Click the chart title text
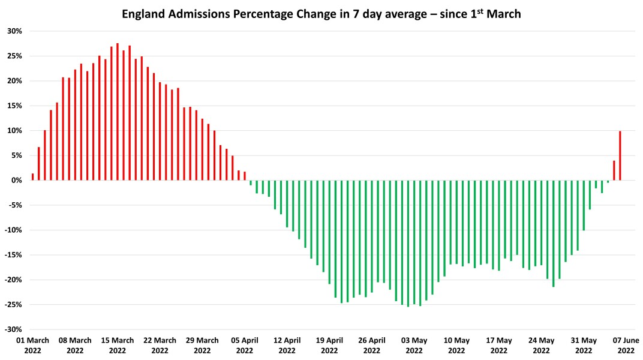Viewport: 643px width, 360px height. [x=321, y=14]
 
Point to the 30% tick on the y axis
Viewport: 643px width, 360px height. [x=15, y=31]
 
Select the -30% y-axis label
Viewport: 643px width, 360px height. [x=14, y=329]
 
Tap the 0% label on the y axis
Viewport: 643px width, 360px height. [x=17, y=181]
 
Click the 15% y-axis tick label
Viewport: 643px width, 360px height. [x=15, y=106]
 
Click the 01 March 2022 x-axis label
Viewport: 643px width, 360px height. [x=32, y=345]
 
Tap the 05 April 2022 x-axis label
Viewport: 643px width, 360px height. [x=245, y=345]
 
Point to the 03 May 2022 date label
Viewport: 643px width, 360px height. [x=414, y=345]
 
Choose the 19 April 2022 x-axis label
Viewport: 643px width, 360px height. [x=329, y=345]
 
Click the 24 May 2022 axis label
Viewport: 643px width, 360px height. [x=541, y=345]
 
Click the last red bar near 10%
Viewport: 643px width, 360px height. [x=620, y=155]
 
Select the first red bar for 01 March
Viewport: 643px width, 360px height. [x=32, y=177]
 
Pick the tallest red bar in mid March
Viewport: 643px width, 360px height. [x=117, y=112]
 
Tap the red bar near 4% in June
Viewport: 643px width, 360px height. [x=614, y=170]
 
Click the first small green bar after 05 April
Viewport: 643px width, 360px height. [x=251, y=182]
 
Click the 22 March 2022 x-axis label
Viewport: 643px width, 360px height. [x=160, y=345]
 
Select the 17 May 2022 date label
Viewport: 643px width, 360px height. [x=498, y=345]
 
